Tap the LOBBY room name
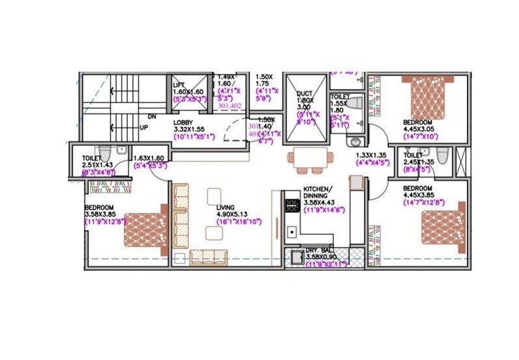click(x=183, y=123)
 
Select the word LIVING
click(x=226, y=209)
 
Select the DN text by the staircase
click(x=151, y=116)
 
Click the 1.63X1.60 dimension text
click(x=149, y=158)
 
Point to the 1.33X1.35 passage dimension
click(x=372, y=155)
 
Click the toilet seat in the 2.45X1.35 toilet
click(x=442, y=157)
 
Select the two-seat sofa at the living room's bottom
click(x=208, y=257)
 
